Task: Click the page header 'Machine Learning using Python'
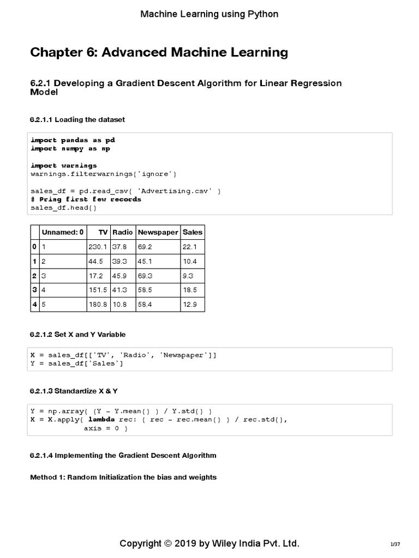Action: [209, 14]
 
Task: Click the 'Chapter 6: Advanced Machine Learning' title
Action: [159, 52]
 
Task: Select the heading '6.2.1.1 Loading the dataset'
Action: [81, 119]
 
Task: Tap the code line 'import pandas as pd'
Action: [73, 140]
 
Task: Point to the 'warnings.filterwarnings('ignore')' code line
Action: [104, 174]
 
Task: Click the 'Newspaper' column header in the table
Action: [158, 232]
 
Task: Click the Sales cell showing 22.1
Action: [190, 247]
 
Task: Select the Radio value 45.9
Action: [119, 276]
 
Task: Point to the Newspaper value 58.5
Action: [145, 290]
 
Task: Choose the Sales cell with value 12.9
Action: [190, 304]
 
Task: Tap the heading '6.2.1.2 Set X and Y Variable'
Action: [81, 334]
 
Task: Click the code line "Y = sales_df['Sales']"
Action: [77, 363]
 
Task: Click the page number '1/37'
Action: [395, 544]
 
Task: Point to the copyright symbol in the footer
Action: [169, 544]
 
